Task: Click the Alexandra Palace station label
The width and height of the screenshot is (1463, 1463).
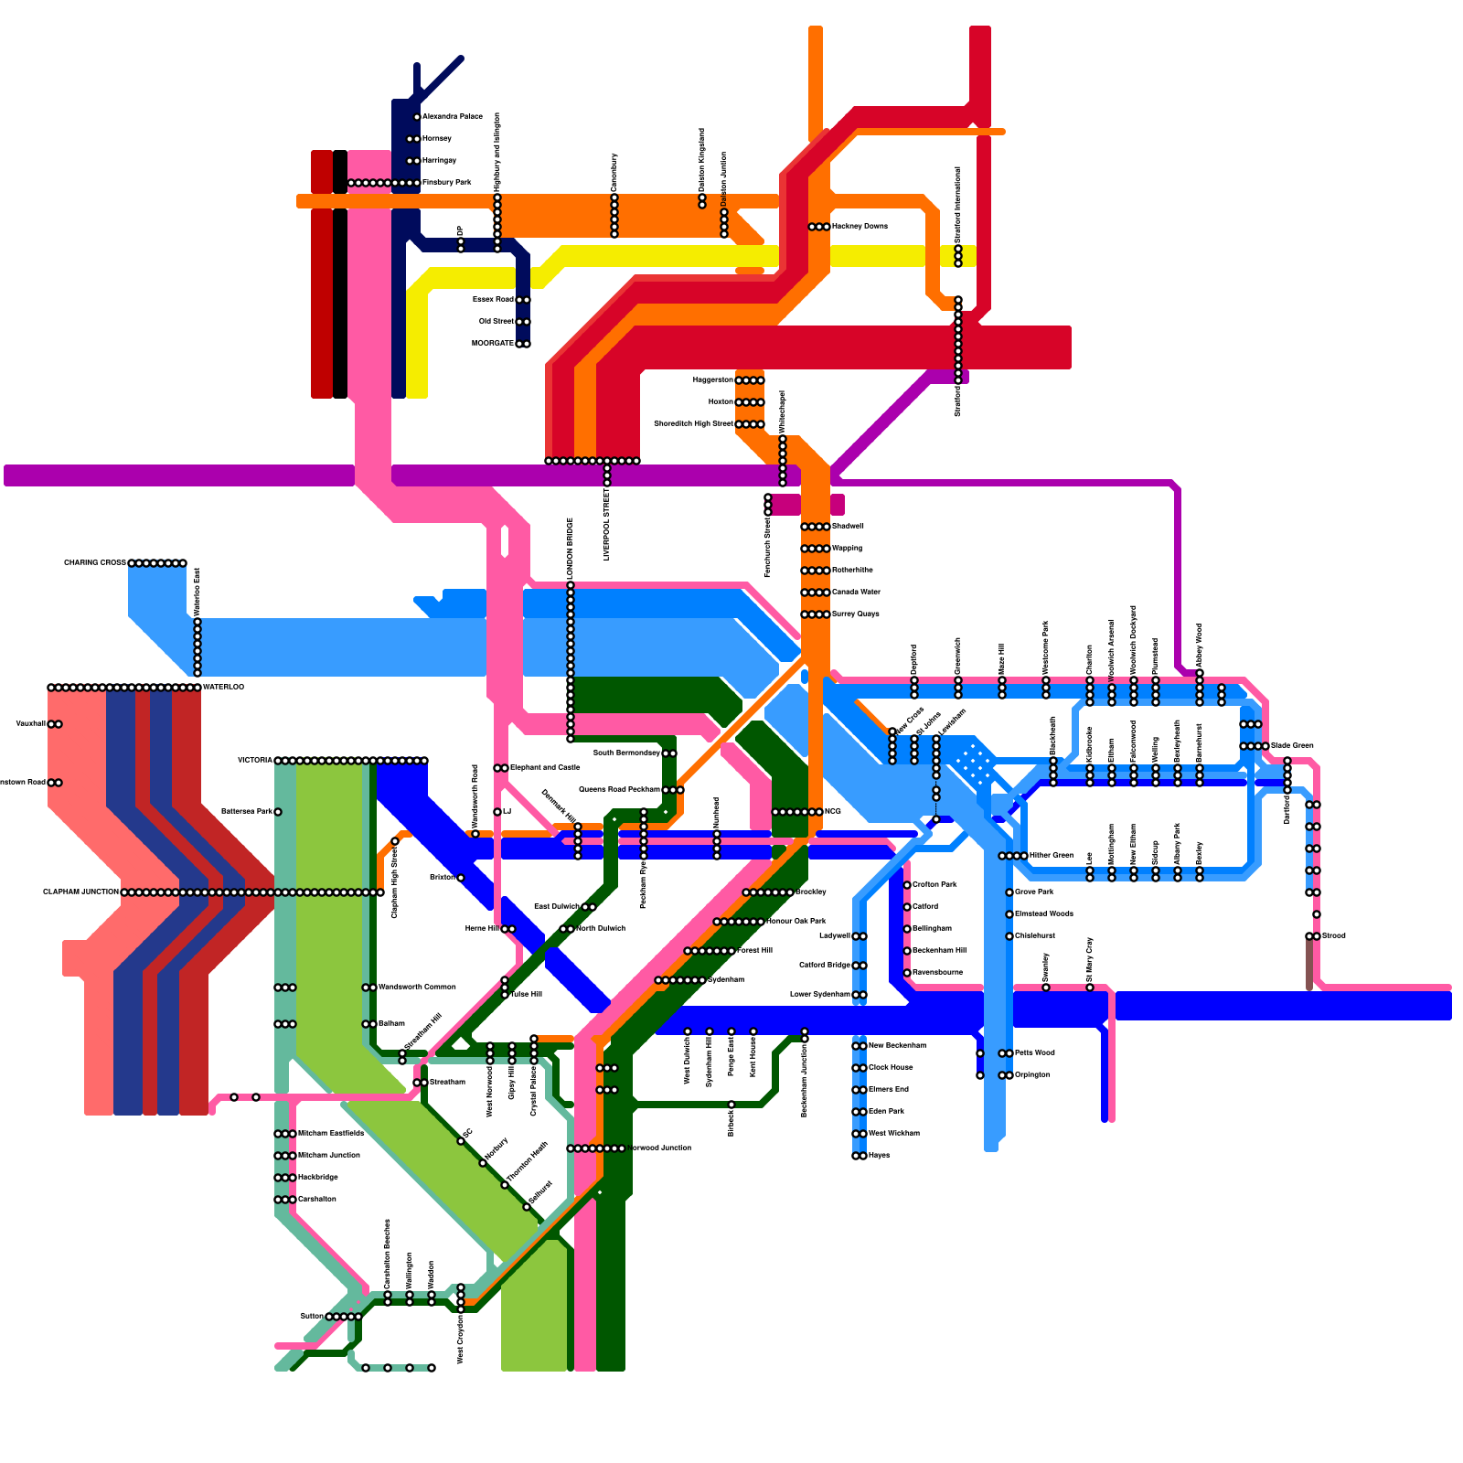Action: pyautogui.click(x=452, y=117)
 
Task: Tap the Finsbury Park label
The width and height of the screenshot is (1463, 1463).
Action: pyautogui.click(x=446, y=183)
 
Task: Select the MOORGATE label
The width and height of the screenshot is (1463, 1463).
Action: pyautogui.click(x=493, y=344)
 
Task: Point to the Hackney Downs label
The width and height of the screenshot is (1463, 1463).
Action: pyautogui.click(x=860, y=227)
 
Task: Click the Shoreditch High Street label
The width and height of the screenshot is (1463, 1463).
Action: pyautogui.click(x=693, y=424)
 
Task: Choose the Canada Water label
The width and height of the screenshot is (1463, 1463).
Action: pyautogui.click(x=856, y=593)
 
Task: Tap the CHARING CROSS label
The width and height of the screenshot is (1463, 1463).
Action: pyautogui.click(x=95, y=563)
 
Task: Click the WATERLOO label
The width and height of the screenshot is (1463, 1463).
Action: pyautogui.click(x=223, y=688)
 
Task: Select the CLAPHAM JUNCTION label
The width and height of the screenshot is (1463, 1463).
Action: pyautogui.click(x=80, y=892)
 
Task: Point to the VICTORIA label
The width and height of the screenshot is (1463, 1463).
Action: pyautogui.click(x=255, y=761)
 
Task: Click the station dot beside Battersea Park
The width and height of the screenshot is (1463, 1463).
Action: pyautogui.click(x=278, y=812)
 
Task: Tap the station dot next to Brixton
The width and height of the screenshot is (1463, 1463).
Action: pyautogui.click(x=461, y=878)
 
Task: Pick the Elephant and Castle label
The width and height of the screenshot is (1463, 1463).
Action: pyautogui.click(x=544, y=768)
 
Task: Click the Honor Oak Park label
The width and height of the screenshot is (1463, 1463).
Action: pyautogui.click(x=796, y=922)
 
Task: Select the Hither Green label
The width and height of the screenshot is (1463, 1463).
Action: pyautogui.click(x=1051, y=856)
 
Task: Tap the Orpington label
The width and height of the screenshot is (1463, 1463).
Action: pyautogui.click(x=1032, y=1075)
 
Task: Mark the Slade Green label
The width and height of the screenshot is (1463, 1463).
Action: pyautogui.click(x=1292, y=746)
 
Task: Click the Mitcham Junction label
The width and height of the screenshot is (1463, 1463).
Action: pyautogui.click(x=329, y=1156)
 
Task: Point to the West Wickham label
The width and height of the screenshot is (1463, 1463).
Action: pyautogui.click(x=893, y=1134)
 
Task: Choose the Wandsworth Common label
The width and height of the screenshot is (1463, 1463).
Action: pyautogui.click(x=416, y=988)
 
